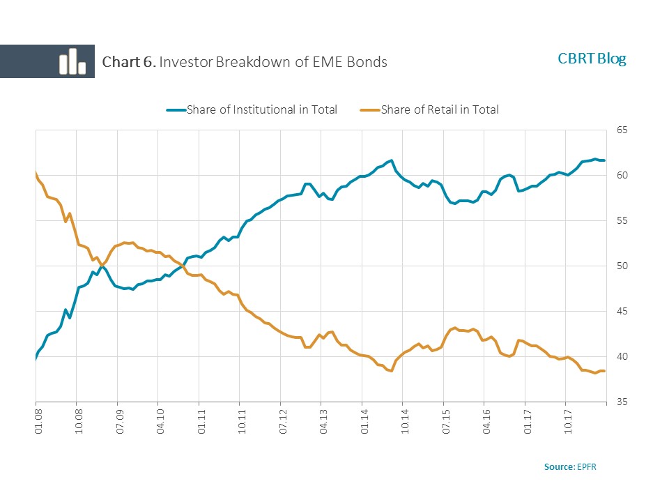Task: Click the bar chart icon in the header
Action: (x=72, y=61)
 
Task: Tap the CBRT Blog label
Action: (x=592, y=59)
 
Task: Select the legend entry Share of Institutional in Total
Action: (x=261, y=109)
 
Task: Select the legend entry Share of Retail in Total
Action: (x=440, y=109)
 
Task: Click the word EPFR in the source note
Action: (x=587, y=466)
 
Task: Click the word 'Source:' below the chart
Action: (x=560, y=466)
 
